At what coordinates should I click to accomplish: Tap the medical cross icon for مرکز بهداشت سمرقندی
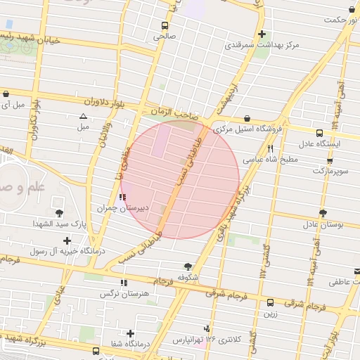tap(262, 34)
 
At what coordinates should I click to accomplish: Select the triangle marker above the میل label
tap(84, 117)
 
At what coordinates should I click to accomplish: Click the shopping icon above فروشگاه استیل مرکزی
tap(246, 118)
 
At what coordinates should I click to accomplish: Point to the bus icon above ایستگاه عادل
tap(319, 132)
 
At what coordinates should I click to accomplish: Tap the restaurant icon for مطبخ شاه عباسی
tap(271, 148)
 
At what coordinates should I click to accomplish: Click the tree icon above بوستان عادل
tap(322, 212)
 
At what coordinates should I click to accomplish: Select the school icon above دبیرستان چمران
tap(124, 198)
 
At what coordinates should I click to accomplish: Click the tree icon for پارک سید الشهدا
tap(58, 212)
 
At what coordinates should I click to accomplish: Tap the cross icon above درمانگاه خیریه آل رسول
tap(67, 240)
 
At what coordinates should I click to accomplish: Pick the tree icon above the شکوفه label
tap(187, 266)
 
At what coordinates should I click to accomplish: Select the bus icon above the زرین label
tap(270, 302)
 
